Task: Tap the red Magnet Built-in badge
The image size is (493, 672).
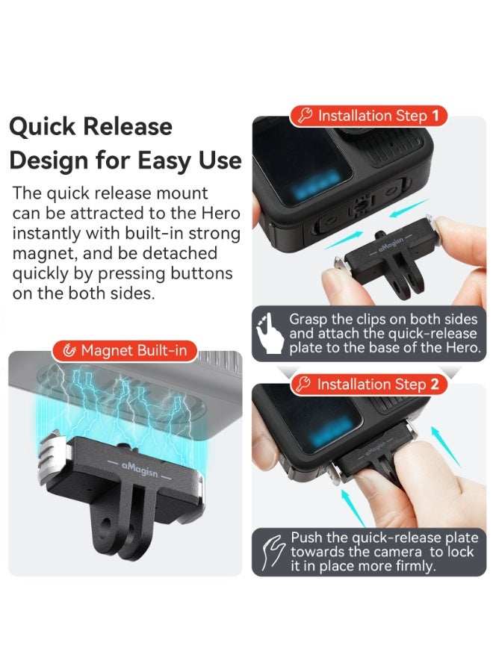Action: [125, 350]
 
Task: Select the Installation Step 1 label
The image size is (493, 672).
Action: [369, 116]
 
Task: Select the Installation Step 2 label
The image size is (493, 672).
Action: [369, 385]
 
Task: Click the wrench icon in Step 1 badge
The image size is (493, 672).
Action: [305, 116]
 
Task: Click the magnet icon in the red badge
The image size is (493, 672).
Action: [70, 350]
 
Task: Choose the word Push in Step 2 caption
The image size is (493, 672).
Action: [306, 538]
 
